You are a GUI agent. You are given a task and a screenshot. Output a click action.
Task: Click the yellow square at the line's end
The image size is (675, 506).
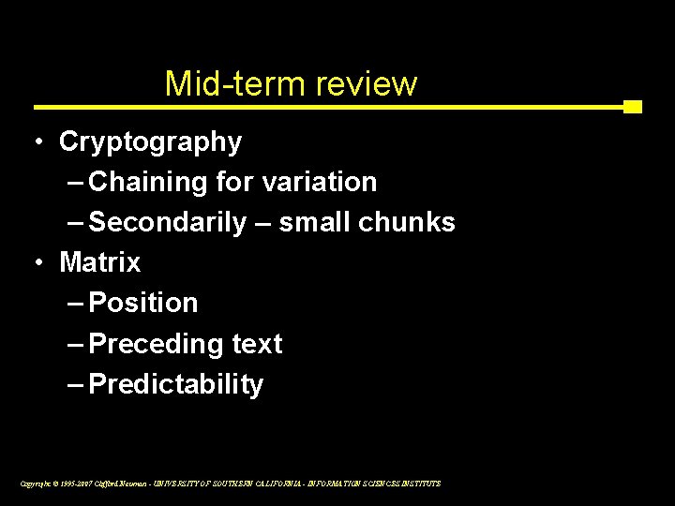[x=633, y=107]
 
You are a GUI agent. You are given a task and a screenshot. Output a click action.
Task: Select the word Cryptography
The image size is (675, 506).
[x=150, y=142]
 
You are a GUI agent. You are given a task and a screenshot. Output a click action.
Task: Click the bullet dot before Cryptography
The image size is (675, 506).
[x=35, y=141]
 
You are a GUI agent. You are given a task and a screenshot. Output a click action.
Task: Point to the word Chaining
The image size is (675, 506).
[x=150, y=182]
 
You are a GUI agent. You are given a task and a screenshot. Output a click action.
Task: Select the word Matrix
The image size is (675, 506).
[x=99, y=262]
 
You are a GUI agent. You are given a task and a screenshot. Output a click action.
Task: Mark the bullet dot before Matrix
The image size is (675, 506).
[x=35, y=262]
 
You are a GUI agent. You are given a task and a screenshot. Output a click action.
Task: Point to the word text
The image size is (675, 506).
[x=256, y=344]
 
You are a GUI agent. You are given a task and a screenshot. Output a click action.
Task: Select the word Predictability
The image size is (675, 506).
[x=176, y=384]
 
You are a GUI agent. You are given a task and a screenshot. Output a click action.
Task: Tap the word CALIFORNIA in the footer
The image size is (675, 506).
[x=292, y=484]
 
